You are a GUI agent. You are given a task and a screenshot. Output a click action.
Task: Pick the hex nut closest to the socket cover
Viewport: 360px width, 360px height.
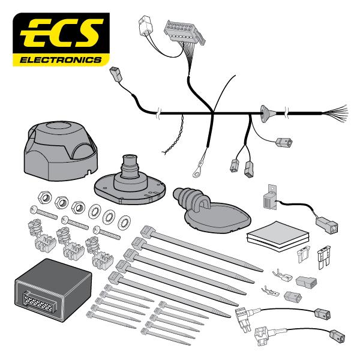click(x=44, y=197)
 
